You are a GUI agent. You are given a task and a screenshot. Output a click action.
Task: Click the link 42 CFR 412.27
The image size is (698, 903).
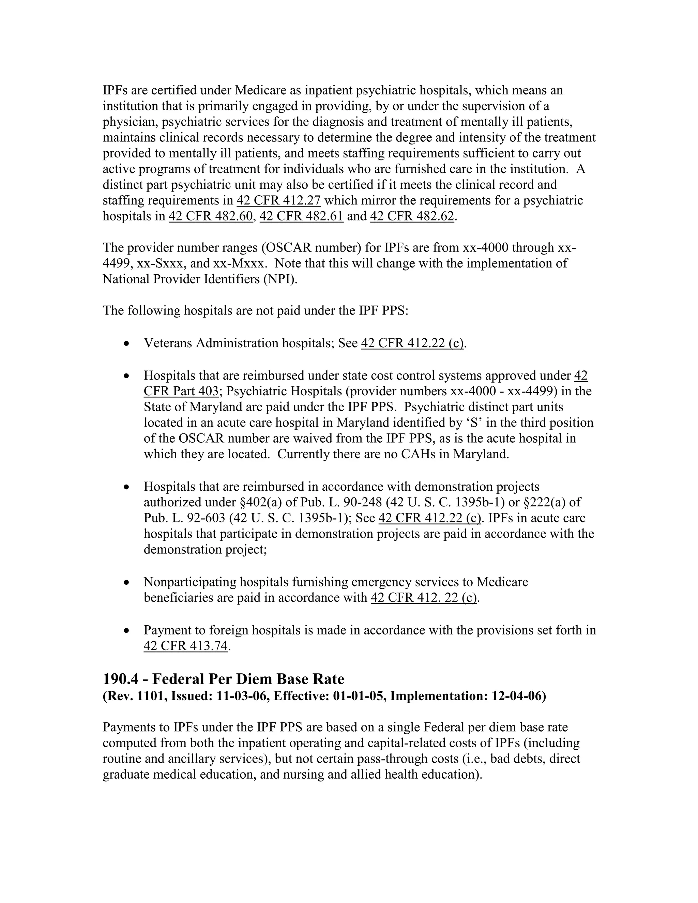click(x=278, y=200)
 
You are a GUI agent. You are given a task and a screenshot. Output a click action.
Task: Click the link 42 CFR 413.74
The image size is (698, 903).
click(x=186, y=646)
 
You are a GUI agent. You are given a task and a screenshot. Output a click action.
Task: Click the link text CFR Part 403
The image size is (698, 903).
click(x=181, y=391)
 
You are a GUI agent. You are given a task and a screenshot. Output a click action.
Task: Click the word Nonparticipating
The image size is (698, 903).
click(x=190, y=582)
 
